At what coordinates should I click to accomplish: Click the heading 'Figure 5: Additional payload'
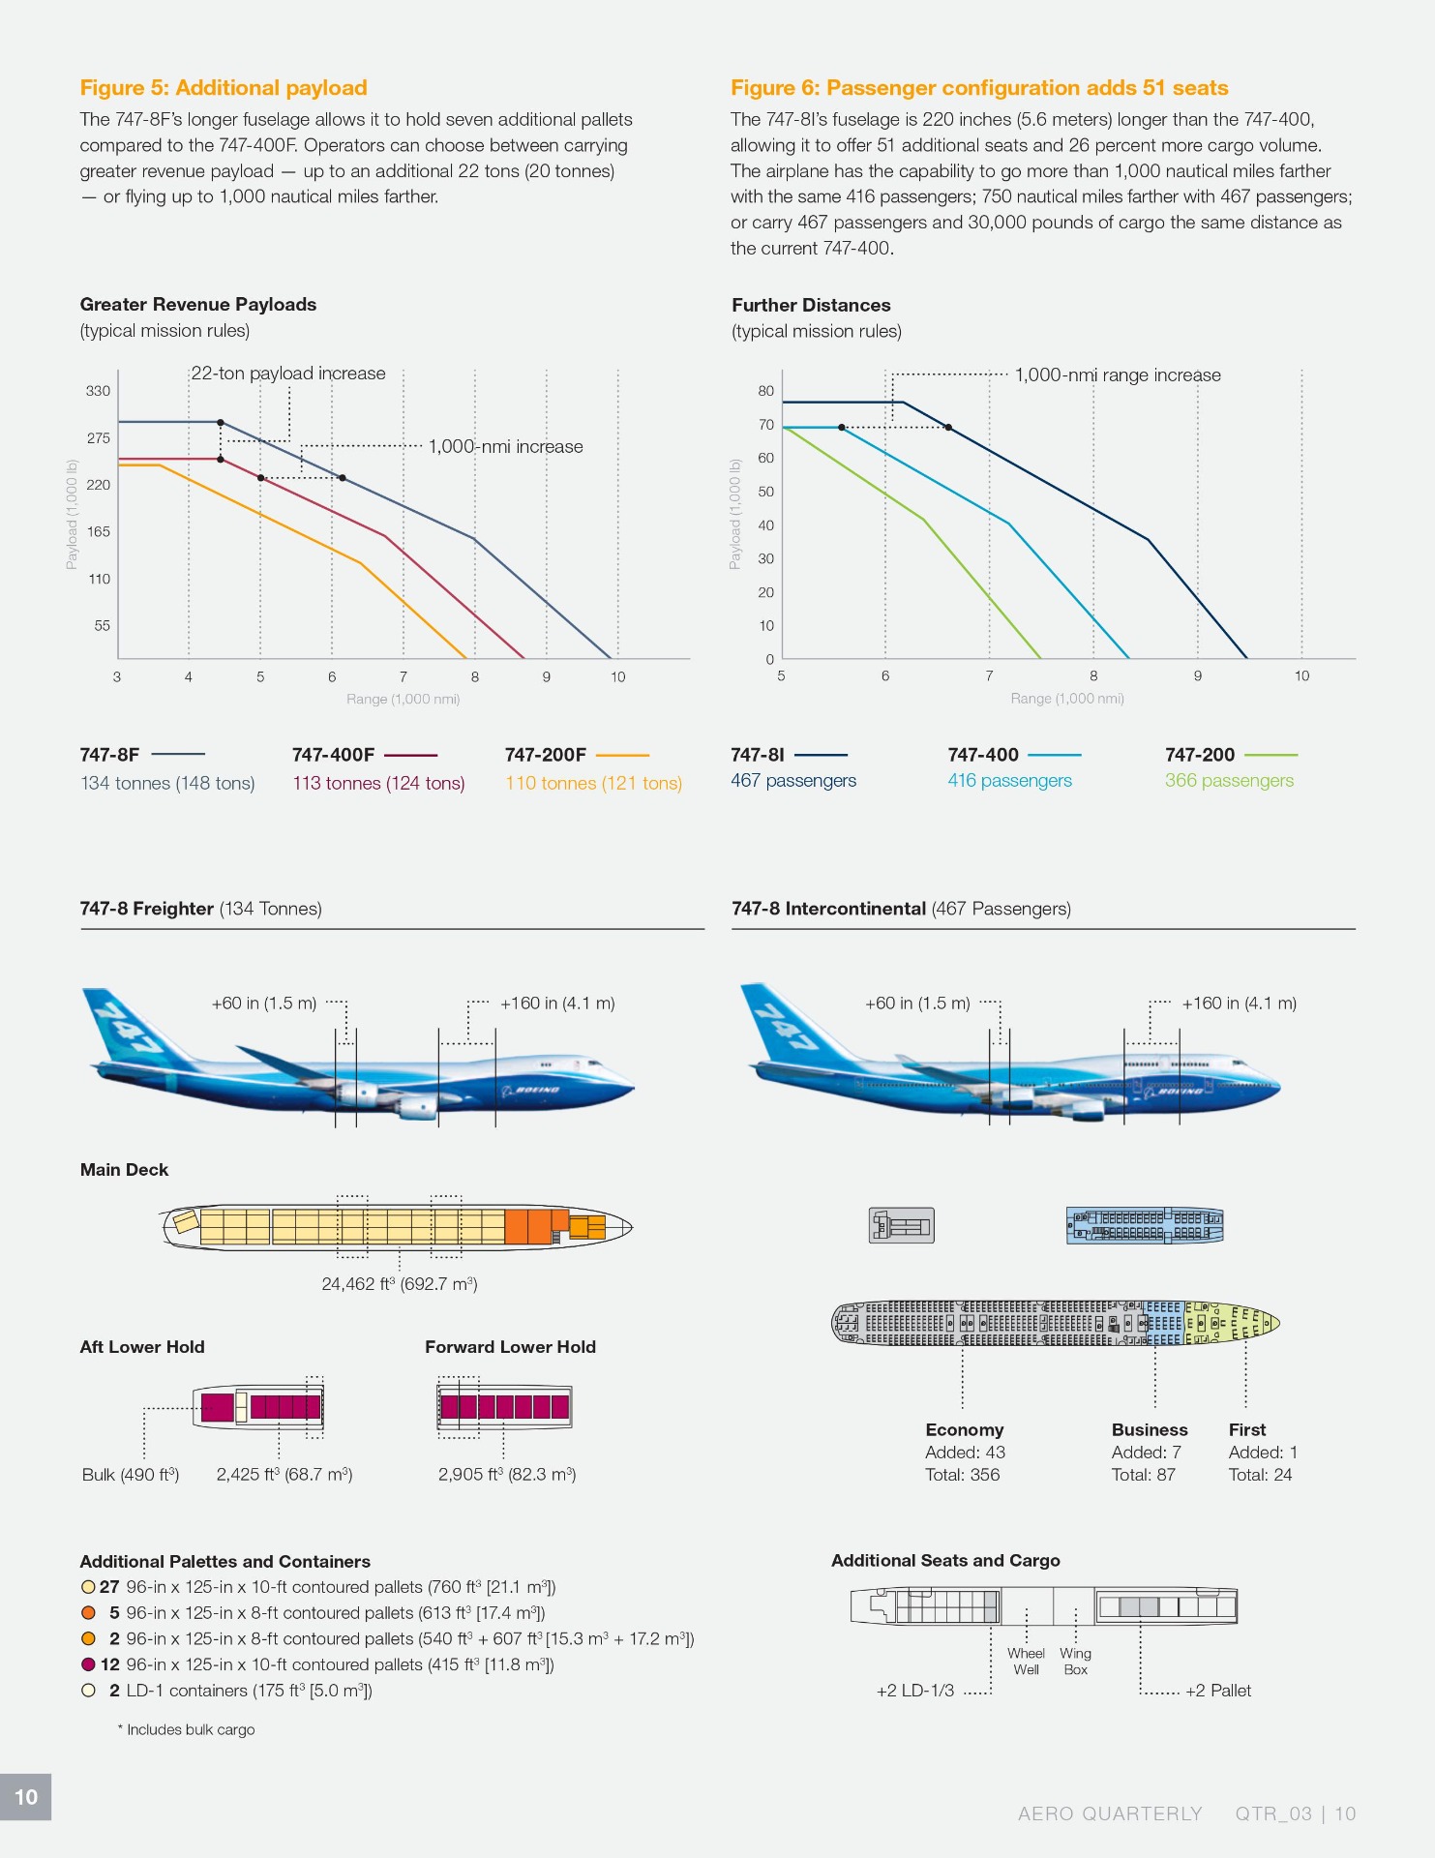pos(224,88)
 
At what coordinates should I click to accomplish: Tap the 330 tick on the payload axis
pos(99,391)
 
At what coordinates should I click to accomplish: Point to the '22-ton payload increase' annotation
pos(288,374)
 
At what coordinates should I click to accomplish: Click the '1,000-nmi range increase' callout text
pos(1118,375)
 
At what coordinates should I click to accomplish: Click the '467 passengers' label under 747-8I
pos(793,781)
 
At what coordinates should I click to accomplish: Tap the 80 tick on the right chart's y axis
pos(766,391)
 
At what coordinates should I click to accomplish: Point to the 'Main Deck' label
pos(124,1170)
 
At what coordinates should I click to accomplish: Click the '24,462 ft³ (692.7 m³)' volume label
pos(400,1284)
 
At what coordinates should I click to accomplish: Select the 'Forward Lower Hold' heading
pos(510,1347)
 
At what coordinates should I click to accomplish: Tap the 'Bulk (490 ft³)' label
pos(131,1475)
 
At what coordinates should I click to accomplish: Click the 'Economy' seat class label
pos(965,1430)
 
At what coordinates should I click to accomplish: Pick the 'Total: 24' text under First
pos(1260,1475)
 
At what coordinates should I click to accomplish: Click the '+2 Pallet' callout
pos(1218,1691)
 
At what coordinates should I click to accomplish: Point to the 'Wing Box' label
pos(1075,1662)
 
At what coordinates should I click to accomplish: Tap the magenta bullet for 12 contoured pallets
pos(88,1664)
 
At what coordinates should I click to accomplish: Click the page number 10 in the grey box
pos(26,1797)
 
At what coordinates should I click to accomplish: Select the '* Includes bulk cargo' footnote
pos(187,1730)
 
